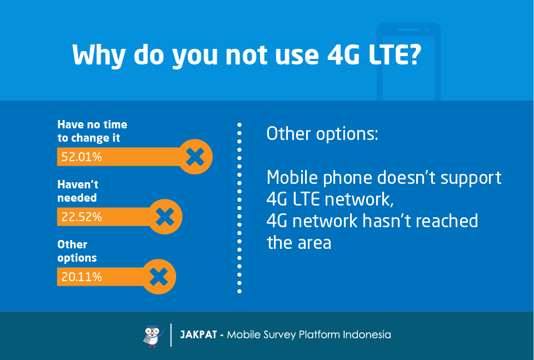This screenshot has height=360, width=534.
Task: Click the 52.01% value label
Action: click(81, 157)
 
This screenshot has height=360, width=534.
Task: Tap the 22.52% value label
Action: click(81, 217)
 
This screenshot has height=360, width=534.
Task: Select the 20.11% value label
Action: click(81, 277)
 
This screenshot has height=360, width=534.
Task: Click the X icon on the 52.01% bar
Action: click(195, 157)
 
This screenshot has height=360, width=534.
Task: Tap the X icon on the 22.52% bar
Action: click(165, 217)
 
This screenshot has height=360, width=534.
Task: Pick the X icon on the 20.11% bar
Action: click(159, 277)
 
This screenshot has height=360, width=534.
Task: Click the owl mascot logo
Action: click(153, 336)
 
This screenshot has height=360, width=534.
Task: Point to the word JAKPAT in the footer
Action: click(198, 335)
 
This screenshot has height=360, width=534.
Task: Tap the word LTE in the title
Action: click(387, 54)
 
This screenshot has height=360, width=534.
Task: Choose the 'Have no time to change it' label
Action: click(92, 131)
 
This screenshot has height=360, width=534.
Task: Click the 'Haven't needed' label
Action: click(78, 191)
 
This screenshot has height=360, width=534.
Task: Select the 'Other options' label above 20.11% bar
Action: click(77, 251)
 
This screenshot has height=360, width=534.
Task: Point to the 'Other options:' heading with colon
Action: click(322, 133)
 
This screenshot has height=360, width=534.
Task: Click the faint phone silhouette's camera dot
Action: click(427, 29)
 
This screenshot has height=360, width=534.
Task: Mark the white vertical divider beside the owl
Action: click(171, 335)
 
